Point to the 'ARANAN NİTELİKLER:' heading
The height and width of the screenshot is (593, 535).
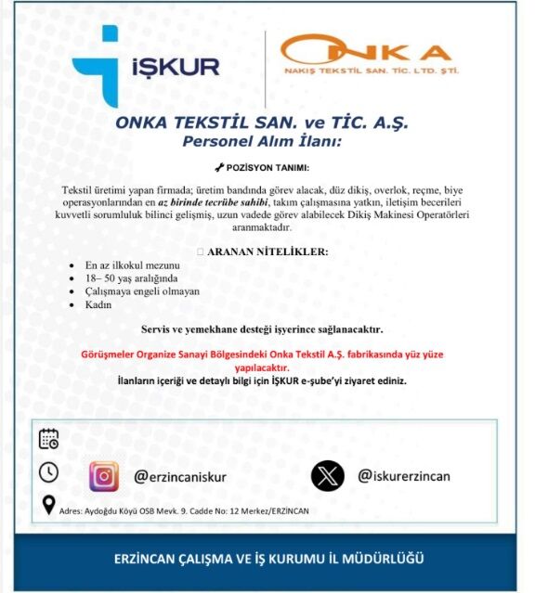pyautogui.click(x=267, y=251)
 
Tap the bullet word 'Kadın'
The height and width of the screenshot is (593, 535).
pyautogui.click(x=98, y=304)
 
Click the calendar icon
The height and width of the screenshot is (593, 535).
pyautogui.click(x=49, y=439)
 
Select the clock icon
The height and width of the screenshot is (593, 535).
pyautogui.click(x=48, y=472)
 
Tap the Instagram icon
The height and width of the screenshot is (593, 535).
pyautogui.click(x=105, y=476)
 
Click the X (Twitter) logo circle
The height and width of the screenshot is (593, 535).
pyautogui.click(x=327, y=476)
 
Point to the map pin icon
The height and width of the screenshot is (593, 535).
pyautogui.click(x=48, y=506)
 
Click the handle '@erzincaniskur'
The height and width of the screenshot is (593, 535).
pyautogui.click(x=181, y=477)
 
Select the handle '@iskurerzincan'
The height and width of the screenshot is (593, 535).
pyautogui.click(x=404, y=476)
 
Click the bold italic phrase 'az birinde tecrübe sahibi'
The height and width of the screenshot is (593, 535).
pyautogui.click(x=218, y=201)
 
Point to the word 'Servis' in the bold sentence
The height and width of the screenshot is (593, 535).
pyautogui.click(x=157, y=329)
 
